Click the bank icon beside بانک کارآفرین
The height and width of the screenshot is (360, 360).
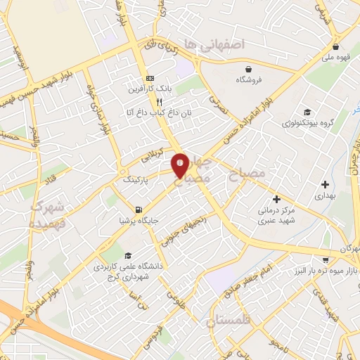tap(149, 78)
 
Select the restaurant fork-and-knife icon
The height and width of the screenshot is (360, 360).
tap(149, 101)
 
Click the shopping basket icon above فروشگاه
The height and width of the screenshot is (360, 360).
tap(250, 69)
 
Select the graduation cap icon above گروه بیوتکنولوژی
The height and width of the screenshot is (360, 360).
tap(307, 112)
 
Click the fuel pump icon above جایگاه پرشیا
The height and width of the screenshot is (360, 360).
tap(139, 209)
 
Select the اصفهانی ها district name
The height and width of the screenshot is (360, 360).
tap(214, 44)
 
